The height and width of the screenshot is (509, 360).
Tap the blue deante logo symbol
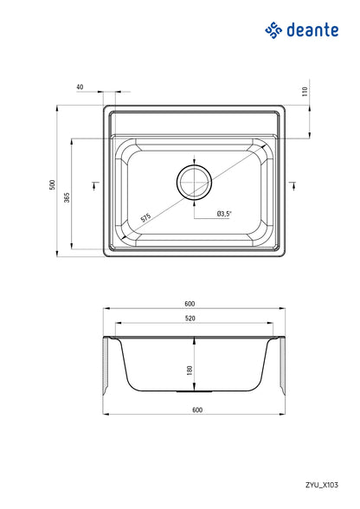click(x=274, y=30)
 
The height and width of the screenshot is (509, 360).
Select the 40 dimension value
click(x=80, y=87)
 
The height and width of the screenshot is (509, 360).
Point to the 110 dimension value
click(x=305, y=91)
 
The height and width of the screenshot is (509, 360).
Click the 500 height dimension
click(x=52, y=184)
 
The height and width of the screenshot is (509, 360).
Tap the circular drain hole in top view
click(x=194, y=183)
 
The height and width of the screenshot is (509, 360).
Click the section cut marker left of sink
click(x=94, y=184)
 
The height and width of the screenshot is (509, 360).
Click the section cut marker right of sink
click(x=293, y=184)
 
